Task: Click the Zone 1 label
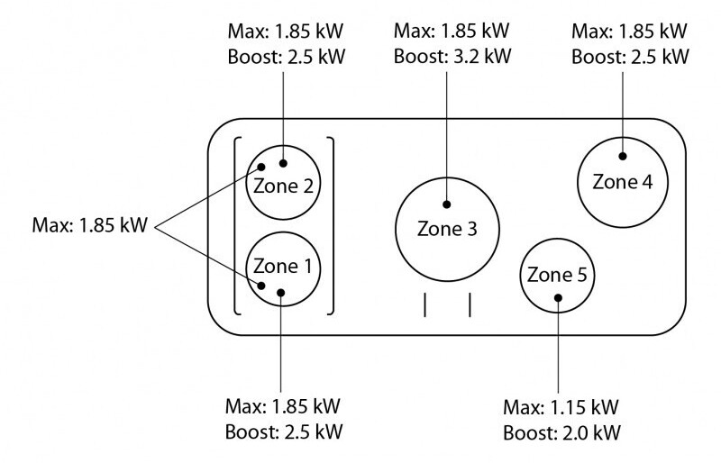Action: [x=282, y=267]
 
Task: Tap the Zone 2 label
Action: [x=283, y=186]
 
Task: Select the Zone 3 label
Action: [x=447, y=229]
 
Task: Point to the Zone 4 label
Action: [x=622, y=182]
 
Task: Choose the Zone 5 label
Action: [x=557, y=275]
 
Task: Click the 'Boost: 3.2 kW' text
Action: [x=452, y=56]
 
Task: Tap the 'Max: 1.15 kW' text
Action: [x=561, y=407]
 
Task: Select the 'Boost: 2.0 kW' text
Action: [x=561, y=432]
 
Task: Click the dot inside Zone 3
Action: [x=446, y=204]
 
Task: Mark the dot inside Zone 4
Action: [x=623, y=157]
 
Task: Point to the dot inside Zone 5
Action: [x=558, y=298]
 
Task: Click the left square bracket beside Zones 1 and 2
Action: [x=235, y=226]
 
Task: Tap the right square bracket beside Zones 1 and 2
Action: [x=333, y=226]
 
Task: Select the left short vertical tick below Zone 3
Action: [x=424, y=304]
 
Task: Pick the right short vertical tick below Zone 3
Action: [x=470, y=304]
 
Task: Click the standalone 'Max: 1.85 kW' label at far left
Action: [x=89, y=225]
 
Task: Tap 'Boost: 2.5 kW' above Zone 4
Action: [x=630, y=57]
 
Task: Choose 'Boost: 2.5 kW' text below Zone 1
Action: [x=284, y=432]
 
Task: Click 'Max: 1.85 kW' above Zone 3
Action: [x=452, y=31]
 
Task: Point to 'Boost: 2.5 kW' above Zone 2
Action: [x=286, y=57]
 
